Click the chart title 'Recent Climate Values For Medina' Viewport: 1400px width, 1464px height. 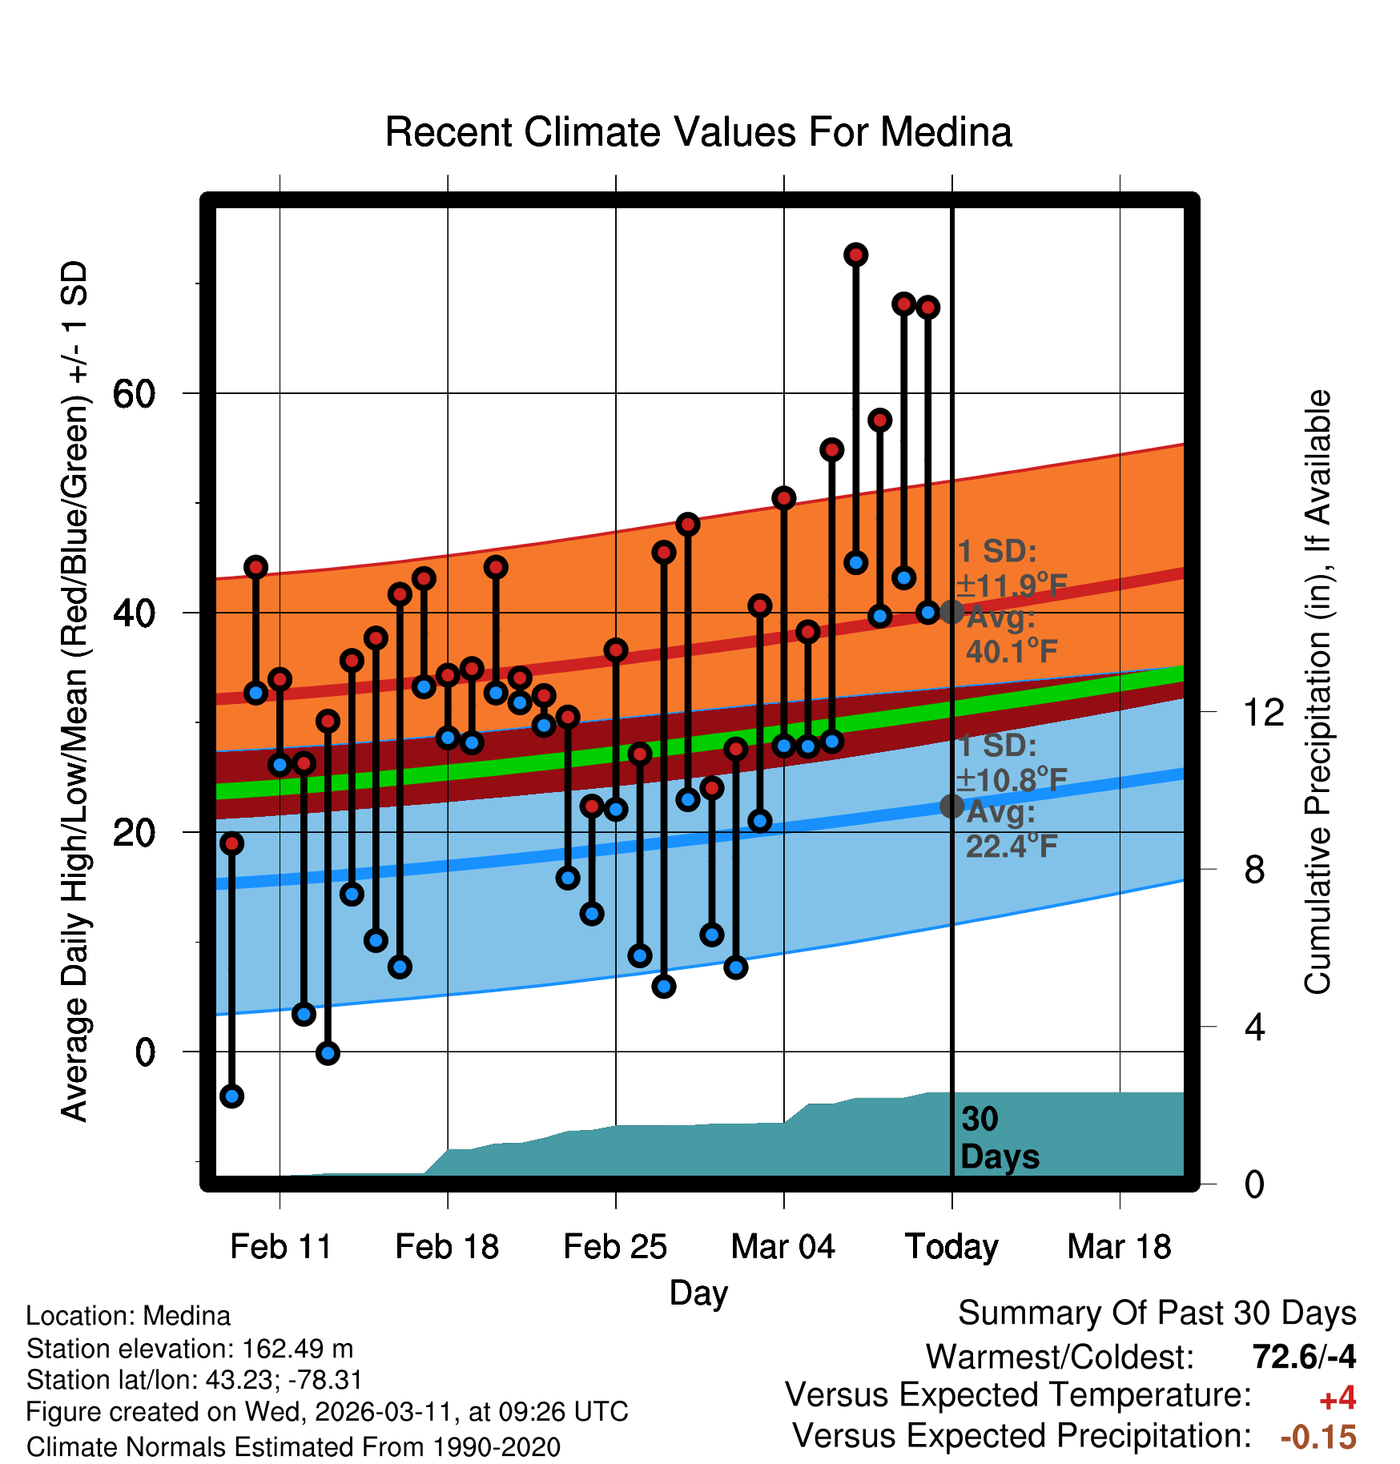698,132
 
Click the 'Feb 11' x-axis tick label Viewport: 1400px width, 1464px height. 280,1247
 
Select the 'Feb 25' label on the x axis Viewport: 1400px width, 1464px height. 615,1247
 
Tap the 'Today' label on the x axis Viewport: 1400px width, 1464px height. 951,1247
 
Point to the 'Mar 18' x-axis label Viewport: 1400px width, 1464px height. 1119,1247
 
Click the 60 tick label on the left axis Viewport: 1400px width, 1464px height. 135,394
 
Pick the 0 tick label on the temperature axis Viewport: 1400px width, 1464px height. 145,1052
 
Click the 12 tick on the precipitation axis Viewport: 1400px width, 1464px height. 1263,712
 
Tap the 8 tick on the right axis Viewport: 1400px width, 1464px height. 1254,870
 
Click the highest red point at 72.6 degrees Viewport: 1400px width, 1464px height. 856,255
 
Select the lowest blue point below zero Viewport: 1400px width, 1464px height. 231,1096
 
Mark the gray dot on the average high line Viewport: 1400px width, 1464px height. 951,612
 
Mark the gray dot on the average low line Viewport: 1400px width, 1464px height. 951,806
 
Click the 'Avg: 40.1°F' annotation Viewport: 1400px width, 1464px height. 1011,634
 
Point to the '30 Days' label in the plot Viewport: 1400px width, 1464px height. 999,1138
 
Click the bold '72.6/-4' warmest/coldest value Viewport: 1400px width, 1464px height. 1304,1357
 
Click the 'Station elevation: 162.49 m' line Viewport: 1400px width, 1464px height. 190,1349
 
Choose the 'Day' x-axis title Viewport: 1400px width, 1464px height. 698,1293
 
